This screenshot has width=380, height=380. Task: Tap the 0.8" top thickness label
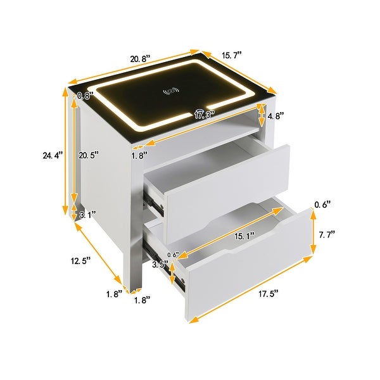pyautogui.click(x=84, y=96)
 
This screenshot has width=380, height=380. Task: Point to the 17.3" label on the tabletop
pyautogui.click(x=204, y=115)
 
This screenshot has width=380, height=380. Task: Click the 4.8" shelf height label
pyautogui.click(x=276, y=116)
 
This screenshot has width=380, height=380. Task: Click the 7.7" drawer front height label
pyautogui.click(x=327, y=234)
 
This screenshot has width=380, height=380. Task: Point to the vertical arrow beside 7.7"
pyautogui.click(x=312, y=234)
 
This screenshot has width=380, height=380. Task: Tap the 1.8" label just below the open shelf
pyautogui.click(x=139, y=154)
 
